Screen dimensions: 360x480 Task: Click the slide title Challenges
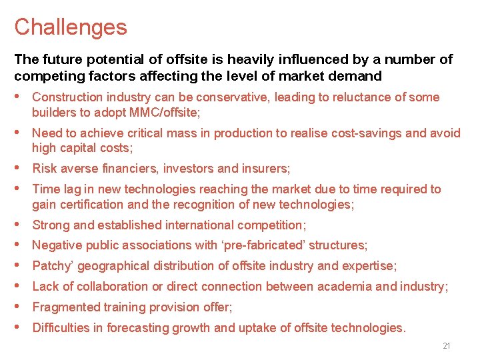point(70,27)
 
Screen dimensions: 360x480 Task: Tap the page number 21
point(447,346)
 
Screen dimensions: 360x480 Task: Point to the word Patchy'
point(52,267)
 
